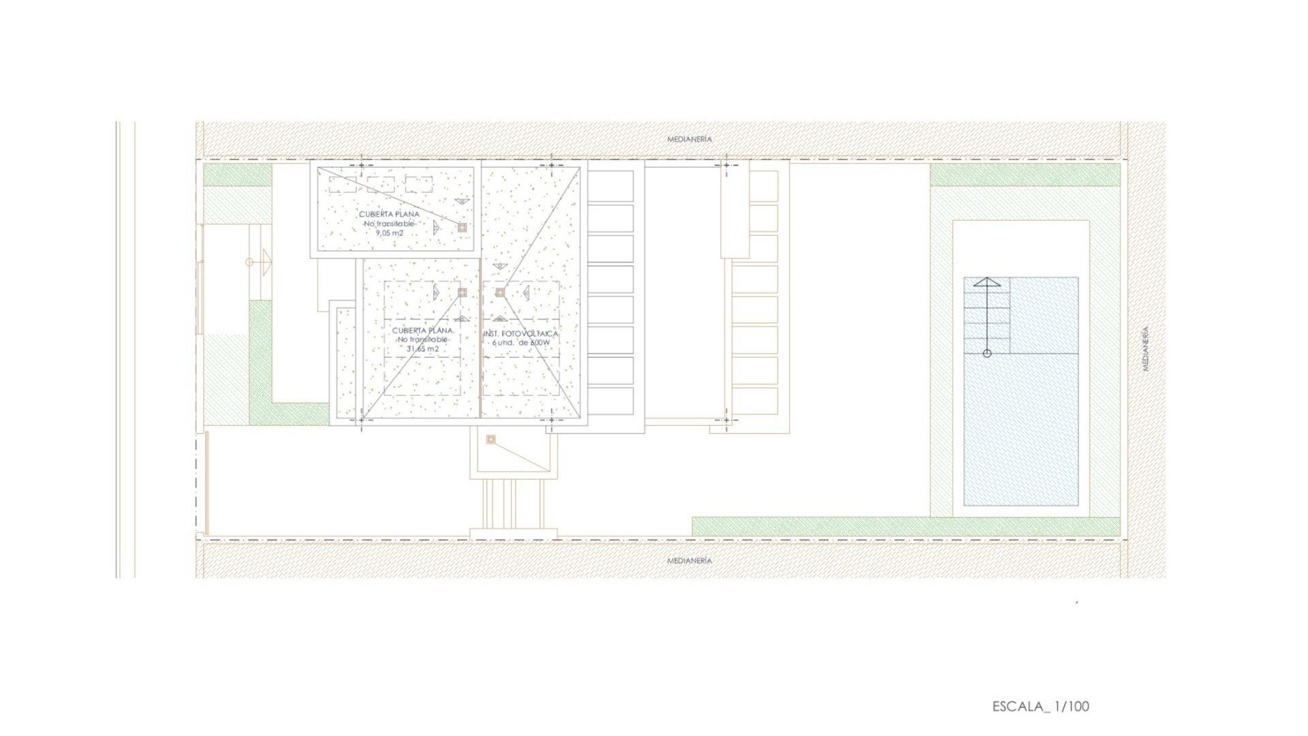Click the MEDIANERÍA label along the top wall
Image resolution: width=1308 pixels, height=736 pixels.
click(x=689, y=139)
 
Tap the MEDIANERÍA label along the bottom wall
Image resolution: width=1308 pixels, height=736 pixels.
click(x=689, y=561)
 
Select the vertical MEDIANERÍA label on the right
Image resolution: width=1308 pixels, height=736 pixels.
click(x=1146, y=349)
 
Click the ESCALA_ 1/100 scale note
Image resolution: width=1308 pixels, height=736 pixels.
click(x=1040, y=707)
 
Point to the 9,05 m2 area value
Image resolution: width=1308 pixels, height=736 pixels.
click(x=390, y=233)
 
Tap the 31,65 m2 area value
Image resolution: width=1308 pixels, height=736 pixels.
click(x=422, y=349)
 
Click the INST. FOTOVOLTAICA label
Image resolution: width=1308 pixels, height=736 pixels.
click(x=521, y=334)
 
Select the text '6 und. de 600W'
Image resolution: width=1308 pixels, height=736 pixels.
click(x=521, y=343)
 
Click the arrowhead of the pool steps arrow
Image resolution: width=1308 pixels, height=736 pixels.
click(x=986, y=281)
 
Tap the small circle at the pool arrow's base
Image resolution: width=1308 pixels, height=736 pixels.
click(x=987, y=353)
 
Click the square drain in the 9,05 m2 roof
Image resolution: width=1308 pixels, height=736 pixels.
click(x=462, y=228)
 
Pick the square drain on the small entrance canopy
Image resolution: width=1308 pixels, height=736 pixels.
click(x=491, y=440)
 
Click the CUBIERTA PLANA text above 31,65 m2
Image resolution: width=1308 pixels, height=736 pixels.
click(x=422, y=331)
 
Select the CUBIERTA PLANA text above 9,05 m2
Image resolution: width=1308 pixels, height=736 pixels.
click(x=390, y=214)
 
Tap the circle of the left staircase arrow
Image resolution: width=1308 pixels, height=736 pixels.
click(x=249, y=262)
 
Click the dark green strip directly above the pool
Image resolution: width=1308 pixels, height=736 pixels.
click(x=1025, y=175)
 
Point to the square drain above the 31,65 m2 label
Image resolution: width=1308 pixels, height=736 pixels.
click(x=463, y=292)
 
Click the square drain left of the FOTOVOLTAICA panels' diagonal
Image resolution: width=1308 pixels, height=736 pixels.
click(x=500, y=292)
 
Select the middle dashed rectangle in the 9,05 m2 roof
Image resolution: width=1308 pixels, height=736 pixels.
click(x=381, y=184)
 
